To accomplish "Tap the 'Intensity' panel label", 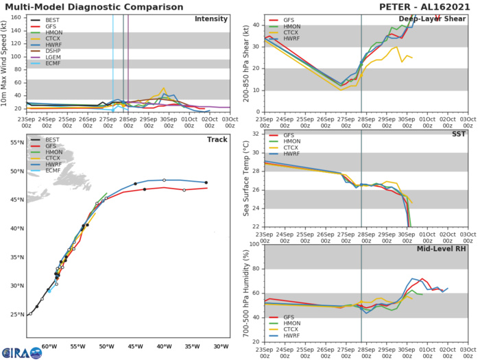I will [211, 19].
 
